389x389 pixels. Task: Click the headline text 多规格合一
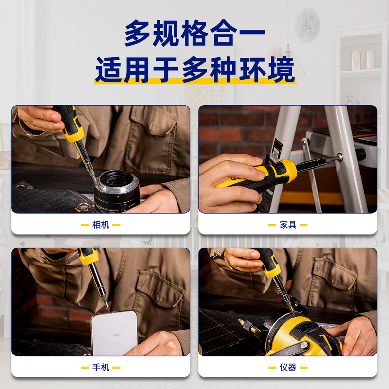[x=195, y=33]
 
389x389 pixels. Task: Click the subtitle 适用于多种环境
[x=195, y=70]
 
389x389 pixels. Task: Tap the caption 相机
[x=101, y=225]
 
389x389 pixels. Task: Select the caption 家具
[x=288, y=225]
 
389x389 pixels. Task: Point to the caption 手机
[x=101, y=368]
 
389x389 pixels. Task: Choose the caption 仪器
[x=288, y=368]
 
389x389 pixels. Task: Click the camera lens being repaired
[x=117, y=192]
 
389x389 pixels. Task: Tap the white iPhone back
[x=114, y=333]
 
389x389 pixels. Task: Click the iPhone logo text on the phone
[x=116, y=335]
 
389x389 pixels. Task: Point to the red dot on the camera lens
[x=118, y=197]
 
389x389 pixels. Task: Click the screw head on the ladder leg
[x=340, y=157]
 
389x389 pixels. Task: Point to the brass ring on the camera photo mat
[x=83, y=206]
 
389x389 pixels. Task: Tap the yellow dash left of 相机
[x=85, y=225]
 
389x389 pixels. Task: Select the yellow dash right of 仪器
[x=303, y=368]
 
